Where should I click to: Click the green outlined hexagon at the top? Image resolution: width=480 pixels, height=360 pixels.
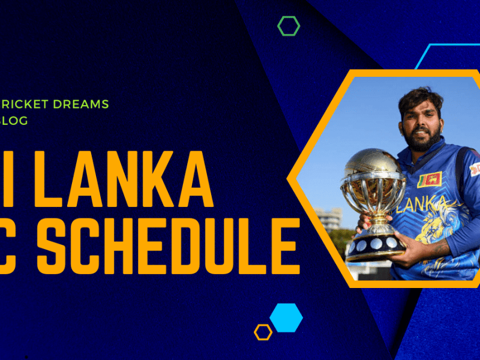289,26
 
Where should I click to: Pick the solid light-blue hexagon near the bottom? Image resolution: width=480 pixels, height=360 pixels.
286,317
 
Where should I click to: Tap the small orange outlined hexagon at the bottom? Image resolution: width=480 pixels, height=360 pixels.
263,332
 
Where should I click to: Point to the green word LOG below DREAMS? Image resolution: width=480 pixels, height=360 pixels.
16,121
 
